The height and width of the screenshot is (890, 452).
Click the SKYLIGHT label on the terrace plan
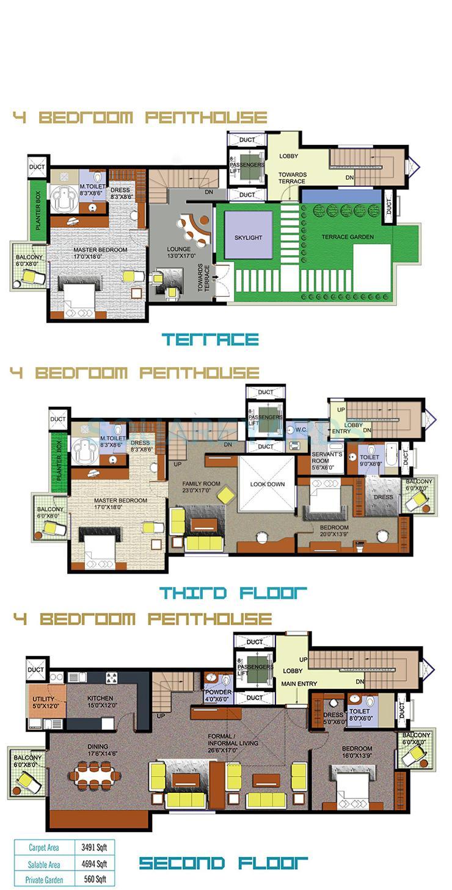coord(248,237)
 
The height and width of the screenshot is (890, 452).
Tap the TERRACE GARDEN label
coord(349,237)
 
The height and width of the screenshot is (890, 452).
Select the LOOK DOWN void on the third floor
coord(268,484)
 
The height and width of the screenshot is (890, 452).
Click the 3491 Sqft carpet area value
coord(93,848)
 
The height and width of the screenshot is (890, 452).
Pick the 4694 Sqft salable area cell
coord(93,864)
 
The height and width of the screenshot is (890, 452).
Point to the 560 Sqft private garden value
coord(93,880)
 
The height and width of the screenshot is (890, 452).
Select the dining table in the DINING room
coord(94,776)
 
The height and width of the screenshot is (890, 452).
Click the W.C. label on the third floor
coord(301,429)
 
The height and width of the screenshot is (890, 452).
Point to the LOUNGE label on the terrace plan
coord(179,249)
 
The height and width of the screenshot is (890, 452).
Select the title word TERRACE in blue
coord(210,339)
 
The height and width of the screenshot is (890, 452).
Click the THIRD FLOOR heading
coord(233,593)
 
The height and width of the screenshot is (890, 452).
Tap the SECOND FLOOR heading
coord(224,864)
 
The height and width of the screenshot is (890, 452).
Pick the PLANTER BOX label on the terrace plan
coord(38,210)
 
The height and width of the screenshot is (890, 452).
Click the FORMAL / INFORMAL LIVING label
coord(233,740)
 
